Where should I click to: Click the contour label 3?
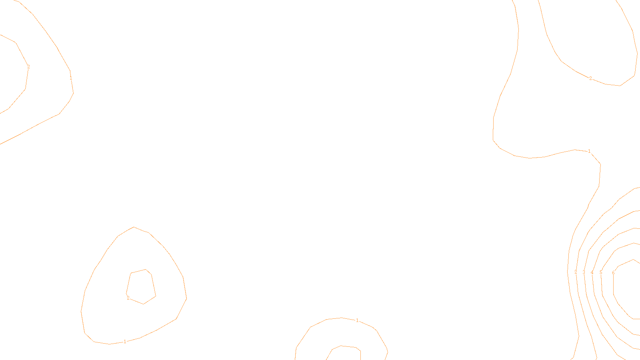point(584,272)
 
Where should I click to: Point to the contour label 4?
point(592,273)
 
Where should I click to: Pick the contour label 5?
point(600,272)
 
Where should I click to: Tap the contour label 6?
point(613,273)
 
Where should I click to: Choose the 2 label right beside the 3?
point(576,272)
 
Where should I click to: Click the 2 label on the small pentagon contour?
point(128,298)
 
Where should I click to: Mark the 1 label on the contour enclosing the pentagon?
point(125,342)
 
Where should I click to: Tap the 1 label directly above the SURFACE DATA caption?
point(357,320)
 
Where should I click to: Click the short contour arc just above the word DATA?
point(348,346)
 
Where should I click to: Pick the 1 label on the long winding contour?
point(589,151)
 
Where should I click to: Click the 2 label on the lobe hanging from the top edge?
point(590,78)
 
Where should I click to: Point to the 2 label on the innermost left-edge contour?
point(28,67)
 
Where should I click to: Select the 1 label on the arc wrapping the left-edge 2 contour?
point(71,78)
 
